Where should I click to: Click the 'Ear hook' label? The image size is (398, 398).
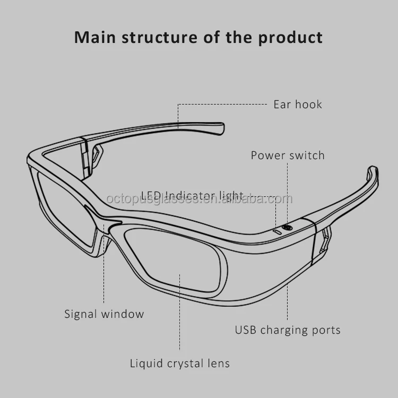297,104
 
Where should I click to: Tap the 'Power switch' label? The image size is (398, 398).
287,155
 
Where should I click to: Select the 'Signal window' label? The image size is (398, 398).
104,314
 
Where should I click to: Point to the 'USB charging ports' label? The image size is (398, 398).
288,330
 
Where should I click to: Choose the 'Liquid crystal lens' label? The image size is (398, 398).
180,364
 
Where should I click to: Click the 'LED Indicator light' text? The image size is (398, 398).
192,196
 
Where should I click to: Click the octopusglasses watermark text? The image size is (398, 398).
200,199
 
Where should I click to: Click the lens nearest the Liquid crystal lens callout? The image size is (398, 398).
175,260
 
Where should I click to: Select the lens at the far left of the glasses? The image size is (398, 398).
64,207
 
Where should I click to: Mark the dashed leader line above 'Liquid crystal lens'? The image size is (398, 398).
180,313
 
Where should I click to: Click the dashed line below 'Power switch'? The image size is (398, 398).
288,191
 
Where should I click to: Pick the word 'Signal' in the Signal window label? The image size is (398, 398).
81,314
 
